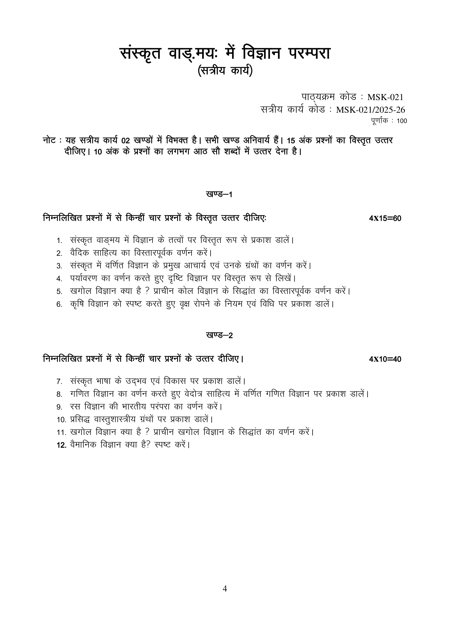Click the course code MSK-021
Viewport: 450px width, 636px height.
385,97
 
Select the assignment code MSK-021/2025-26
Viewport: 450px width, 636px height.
371,110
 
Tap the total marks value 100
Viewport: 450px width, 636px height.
402,121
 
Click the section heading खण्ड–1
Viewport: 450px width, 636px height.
219,194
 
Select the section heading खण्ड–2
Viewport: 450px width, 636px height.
219,335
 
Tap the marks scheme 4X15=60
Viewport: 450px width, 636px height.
385,219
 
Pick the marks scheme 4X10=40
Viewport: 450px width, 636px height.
385,359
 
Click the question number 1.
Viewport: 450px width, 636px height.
59,240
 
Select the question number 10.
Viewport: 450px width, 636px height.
61,420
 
